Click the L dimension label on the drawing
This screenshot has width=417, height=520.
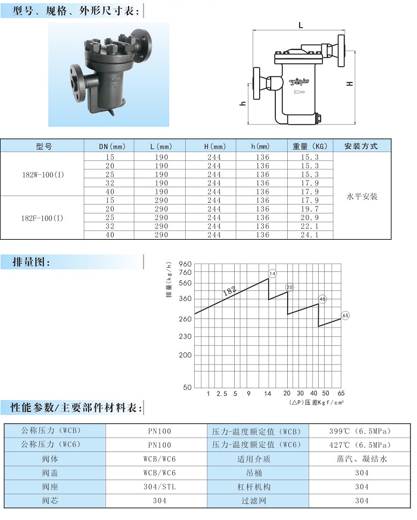click(x=300, y=25)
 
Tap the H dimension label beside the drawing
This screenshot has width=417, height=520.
click(x=350, y=83)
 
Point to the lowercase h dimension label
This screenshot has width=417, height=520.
click(x=243, y=103)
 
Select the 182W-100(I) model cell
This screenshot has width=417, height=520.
click(x=43, y=175)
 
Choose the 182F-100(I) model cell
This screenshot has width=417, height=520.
click(x=42, y=218)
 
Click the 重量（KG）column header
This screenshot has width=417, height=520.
click(x=310, y=146)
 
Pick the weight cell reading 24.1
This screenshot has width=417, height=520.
click(x=309, y=235)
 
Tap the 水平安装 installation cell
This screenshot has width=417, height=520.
click(x=362, y=196)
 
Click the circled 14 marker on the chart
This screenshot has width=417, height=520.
click(x=272, y=274)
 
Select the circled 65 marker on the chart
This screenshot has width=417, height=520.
click(x=345, y=315)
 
